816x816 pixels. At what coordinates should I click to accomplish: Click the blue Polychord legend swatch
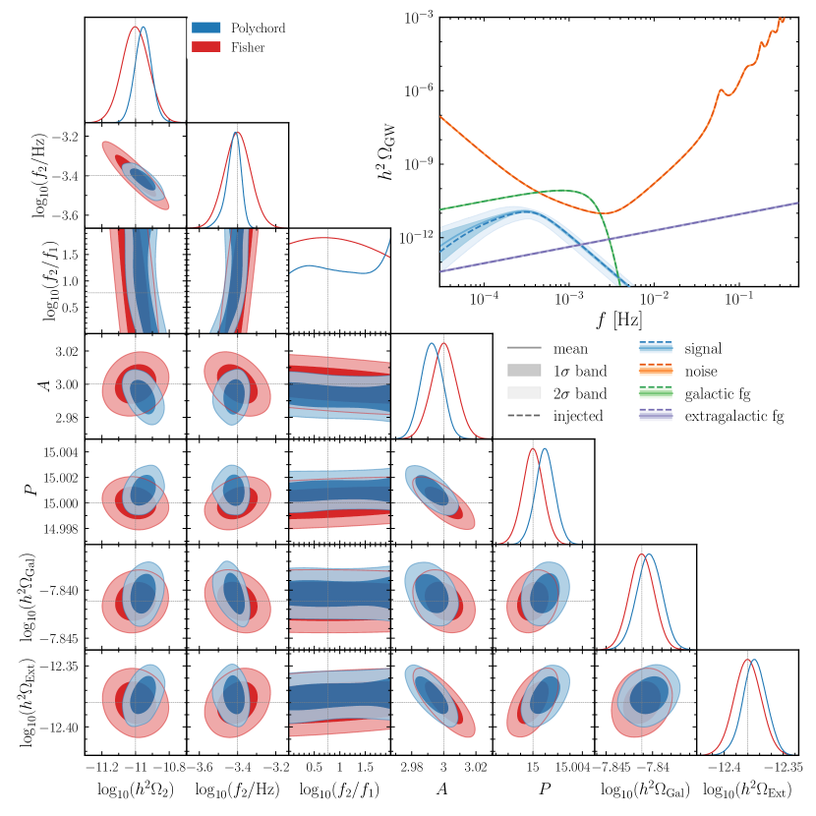(x=204, y=29)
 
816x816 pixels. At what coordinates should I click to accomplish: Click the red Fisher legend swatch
(x=204, y=46)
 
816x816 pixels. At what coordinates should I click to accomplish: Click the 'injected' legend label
(x=577, y=416)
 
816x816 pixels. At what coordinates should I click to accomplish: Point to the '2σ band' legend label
(x=580, y=393)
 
